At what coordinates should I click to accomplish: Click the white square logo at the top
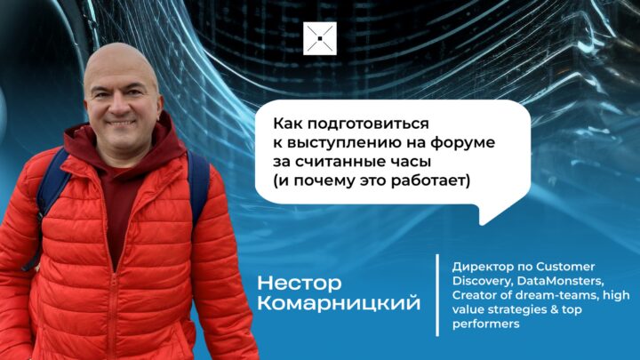click(320, 38)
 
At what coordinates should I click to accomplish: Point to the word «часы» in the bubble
click(411, 162)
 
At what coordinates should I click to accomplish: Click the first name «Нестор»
click(300, 283)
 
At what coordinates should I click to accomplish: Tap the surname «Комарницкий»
click(339, 303)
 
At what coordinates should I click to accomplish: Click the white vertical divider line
click(437, 295)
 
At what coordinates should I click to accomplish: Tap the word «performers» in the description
click(485, 324)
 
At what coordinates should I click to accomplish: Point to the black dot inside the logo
click(320, 38)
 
